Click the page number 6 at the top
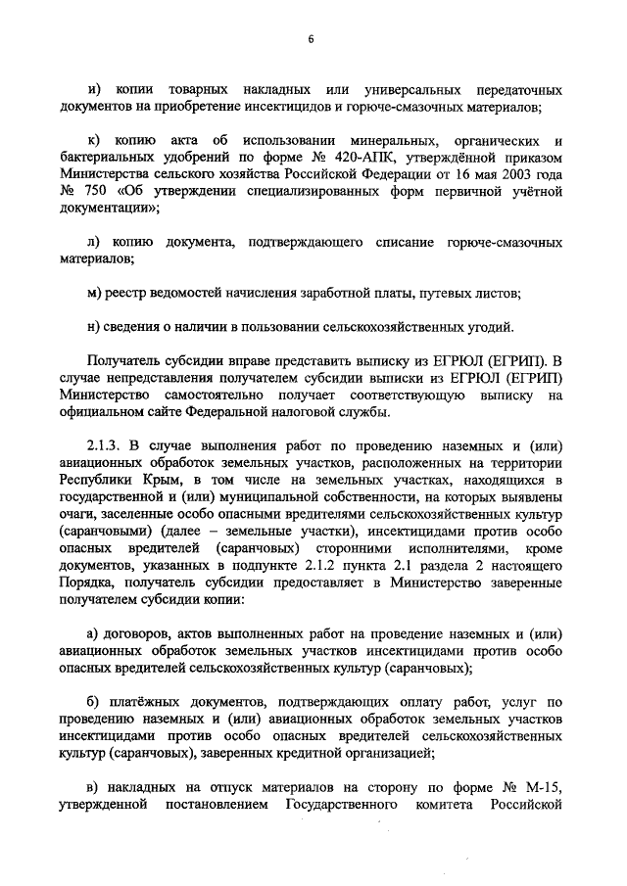click(x=311, y=39)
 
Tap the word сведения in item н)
click(x=133, y=327)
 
